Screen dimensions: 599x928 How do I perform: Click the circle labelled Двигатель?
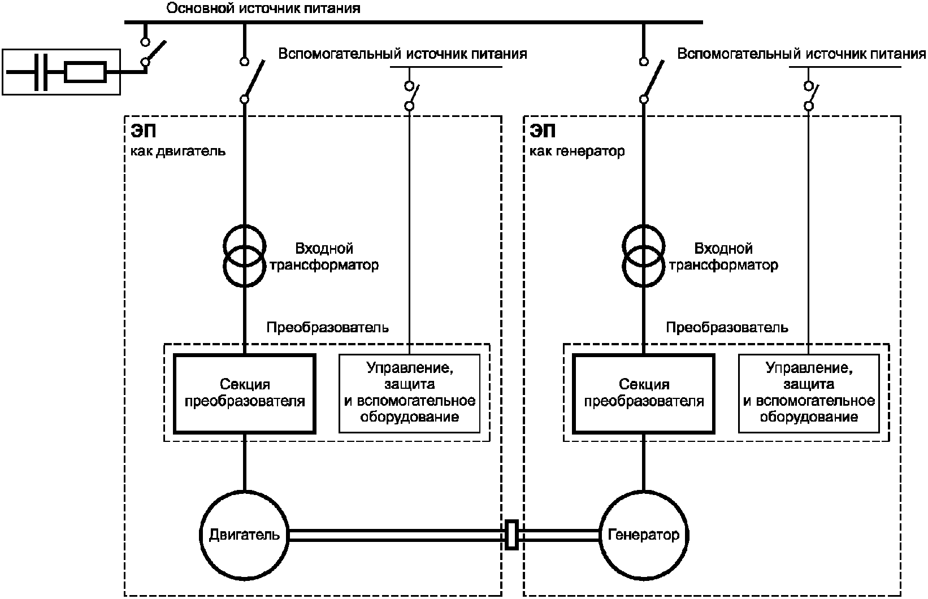click(244, 534)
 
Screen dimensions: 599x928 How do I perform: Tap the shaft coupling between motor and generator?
click(511, 534)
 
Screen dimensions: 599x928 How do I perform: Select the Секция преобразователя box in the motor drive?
click(244, 393)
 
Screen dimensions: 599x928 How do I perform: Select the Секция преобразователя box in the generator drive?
click(644, 393)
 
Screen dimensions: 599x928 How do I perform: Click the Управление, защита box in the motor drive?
click(410, 393)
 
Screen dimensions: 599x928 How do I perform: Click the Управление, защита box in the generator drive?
click(809, 393)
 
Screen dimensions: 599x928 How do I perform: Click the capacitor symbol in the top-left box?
click(41, 72)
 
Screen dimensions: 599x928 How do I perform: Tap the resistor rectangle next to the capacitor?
click(85, 72)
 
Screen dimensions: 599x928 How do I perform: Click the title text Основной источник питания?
click(263, 8)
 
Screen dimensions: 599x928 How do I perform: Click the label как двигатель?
click(179, 151)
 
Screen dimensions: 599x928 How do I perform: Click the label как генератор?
click(577, 151)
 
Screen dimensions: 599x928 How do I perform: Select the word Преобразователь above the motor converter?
click(328, 328)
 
